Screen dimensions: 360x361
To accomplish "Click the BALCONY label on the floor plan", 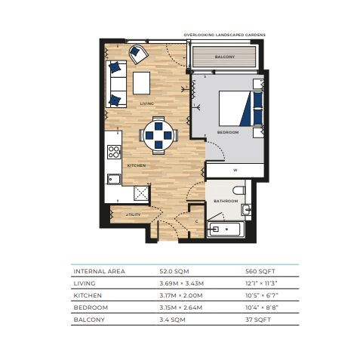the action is tap(225, 57).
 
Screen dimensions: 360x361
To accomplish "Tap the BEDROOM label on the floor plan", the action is tap(228, 132).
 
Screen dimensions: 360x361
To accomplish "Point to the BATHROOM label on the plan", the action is tap(226, 201).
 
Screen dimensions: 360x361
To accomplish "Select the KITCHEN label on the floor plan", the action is tap(137, 165).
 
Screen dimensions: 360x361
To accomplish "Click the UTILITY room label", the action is tap(134, 214).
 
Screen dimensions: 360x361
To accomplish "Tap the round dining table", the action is tap(158, 135).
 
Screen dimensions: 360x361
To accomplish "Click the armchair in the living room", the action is tap(138, 54).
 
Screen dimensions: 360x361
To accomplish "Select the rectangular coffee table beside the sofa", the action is tap(141, 83).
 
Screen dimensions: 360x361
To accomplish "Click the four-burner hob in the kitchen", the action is tap(114, 152).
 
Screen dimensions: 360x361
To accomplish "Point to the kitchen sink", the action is tap(114, 179).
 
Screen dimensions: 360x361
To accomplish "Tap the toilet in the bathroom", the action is tap(238, 190).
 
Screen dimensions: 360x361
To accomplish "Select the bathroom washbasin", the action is tap(246, 209).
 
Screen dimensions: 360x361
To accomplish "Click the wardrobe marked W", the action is tap(235, 170).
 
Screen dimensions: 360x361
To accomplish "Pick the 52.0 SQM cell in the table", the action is tap(174, 271).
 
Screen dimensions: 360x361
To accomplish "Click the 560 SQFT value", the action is tap(260, 271).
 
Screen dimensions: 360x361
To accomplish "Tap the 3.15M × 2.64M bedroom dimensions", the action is tap(181, 307).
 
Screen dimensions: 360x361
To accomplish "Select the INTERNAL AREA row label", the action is tap(99, 271).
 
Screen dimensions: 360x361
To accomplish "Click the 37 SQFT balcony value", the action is tap(258, 319).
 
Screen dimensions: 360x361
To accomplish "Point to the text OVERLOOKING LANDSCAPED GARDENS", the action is tap(224, 35).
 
